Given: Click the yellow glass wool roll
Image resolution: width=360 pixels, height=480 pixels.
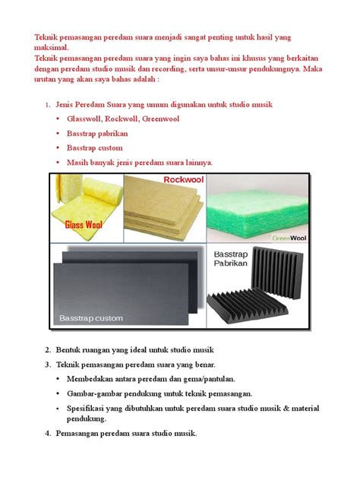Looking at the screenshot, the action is point(85,199).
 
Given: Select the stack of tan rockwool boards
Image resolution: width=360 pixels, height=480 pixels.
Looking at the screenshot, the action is point(163,209).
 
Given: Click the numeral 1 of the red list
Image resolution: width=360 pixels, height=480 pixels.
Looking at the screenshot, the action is point(47,104).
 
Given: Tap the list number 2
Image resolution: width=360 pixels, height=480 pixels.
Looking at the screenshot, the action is point(48,349).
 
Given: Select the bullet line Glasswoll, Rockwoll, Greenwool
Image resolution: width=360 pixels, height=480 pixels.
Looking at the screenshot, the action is point(122,119).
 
